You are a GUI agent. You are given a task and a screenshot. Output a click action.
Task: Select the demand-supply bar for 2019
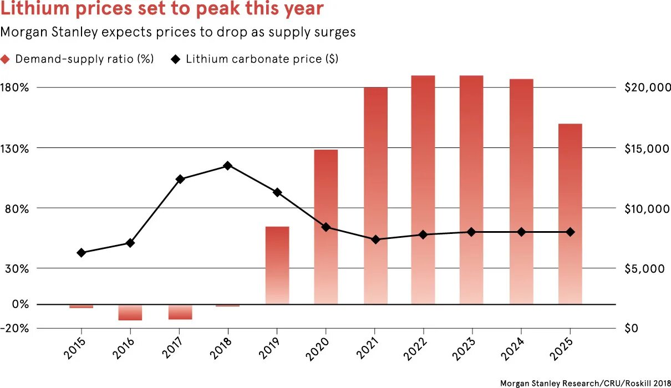[277, 265]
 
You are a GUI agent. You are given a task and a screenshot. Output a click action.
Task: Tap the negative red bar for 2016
[130, 313]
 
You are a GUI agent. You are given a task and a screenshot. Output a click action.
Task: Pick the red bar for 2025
[570, 213]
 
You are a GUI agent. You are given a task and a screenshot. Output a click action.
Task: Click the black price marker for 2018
[228, 166]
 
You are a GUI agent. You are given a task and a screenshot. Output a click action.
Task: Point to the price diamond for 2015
[82, 253]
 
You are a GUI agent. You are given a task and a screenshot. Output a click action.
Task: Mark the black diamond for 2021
[375, 239]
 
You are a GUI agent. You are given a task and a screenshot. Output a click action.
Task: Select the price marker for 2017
[180, 179]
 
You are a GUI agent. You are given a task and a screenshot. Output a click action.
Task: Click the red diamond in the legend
[6, 59]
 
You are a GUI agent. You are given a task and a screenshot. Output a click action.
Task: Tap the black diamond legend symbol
[176, 59]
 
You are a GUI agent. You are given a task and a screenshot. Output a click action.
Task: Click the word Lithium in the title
[34, 10]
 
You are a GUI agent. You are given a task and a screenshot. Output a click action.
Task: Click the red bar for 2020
[326, 227]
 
